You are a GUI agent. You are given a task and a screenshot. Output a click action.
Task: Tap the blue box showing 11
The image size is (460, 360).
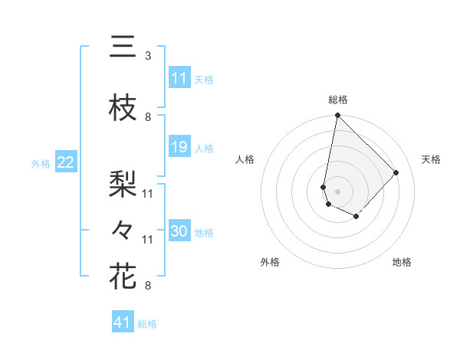point(179,78)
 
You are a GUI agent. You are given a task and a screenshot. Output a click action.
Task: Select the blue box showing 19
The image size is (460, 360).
point(179,148)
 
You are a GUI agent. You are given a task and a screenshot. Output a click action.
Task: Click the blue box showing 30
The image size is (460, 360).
point(179,232)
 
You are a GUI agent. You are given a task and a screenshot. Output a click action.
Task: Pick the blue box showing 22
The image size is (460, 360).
point(65,162)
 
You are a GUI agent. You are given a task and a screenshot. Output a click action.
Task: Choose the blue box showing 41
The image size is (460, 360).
point(123,322)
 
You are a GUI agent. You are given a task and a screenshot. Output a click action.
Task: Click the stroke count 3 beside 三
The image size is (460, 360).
point(148,56)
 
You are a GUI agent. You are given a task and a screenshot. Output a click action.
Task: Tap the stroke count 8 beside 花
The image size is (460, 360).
point(148,286)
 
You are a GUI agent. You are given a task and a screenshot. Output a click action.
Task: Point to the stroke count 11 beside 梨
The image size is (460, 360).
point(148,193)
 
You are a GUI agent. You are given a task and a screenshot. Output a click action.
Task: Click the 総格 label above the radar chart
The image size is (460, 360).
point(337,100)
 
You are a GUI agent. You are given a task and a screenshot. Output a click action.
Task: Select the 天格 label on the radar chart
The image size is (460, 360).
point(431,159)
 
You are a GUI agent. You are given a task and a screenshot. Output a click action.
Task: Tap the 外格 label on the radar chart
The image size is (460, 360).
point(270,262)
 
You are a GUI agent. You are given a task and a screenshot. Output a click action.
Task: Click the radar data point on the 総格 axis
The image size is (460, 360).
point(337,116)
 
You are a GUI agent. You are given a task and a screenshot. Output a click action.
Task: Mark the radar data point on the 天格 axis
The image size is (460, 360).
point(396,172)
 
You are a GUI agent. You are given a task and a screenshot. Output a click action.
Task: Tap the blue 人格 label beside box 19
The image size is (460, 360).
point(203,149)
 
